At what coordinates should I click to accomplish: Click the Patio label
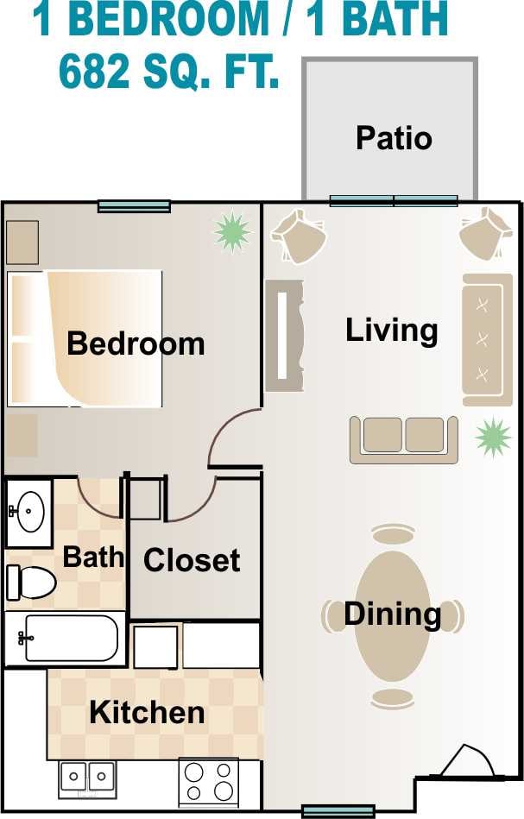click(x=394, y=138)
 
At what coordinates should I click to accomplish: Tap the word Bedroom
click(x=136, y=343)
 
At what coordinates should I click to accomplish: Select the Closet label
click(x=192, y=560)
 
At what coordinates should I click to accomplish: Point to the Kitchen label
click(x=147, y=713)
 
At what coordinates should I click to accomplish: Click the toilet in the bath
click(x=29, y=582)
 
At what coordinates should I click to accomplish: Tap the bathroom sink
click(x=29, y=513)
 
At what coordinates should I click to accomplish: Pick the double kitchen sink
click(x=87, y=779)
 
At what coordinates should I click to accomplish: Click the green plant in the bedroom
click(x=231, y=231)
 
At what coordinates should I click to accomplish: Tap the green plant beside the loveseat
click(x=493, y=437)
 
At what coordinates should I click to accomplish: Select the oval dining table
click(x=393, y=615)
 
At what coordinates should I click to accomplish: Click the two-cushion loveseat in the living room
click(x=403, y=438)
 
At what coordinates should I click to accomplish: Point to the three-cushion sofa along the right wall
click(x=487, y=339)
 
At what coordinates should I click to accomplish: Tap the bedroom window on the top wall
click(x=134, y=206)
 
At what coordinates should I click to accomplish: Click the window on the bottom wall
click(x=338, y=810)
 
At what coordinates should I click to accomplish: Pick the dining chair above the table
click(x=393, y=535)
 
